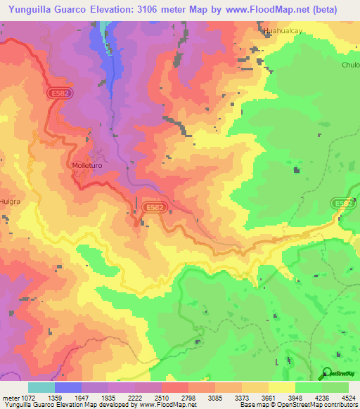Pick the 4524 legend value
point(348,397)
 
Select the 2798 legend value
point(187,397)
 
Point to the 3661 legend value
point(267,397)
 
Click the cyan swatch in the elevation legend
point(41,387)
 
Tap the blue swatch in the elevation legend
point(68,387)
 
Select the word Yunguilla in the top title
point(34,9)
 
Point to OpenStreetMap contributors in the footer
point(321,404)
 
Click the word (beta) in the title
point(323,9)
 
